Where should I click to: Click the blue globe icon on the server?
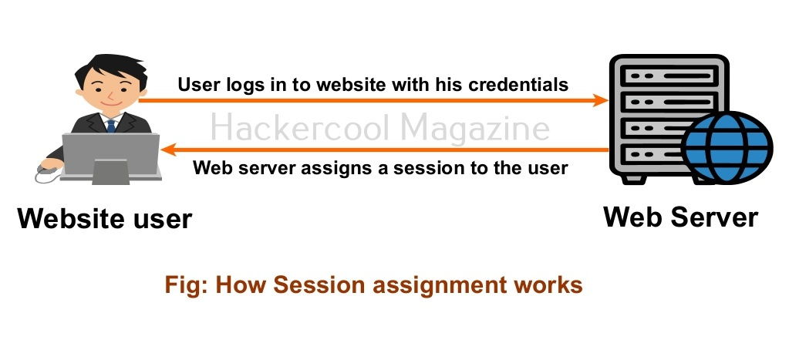click(727, 146)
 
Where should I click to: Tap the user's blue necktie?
click(111, 126)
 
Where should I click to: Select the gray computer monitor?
click(111, 156)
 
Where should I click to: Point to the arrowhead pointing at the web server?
click(601, 100)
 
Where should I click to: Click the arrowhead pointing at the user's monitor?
click(169, 150)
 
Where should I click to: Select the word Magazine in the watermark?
click(476, 129)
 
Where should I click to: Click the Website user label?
click(105, 219)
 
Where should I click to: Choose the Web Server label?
click(680, 217)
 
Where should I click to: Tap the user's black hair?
click(112, 68)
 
